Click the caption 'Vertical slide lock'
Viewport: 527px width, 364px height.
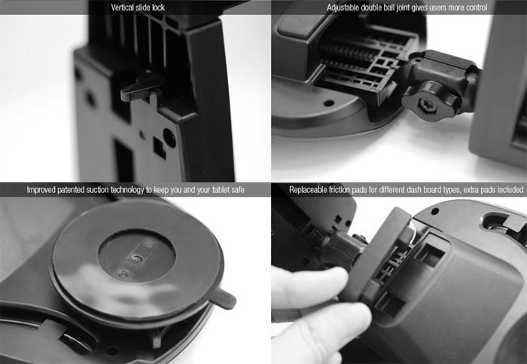[x=138, y=8]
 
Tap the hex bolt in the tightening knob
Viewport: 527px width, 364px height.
[x=427, y=107]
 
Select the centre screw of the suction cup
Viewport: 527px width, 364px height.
[x=136, y=258]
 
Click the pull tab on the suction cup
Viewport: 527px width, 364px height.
[x=224, y=298]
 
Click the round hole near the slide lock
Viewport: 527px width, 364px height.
[x=169, y=138]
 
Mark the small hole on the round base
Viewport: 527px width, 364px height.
[x=328, y=102]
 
